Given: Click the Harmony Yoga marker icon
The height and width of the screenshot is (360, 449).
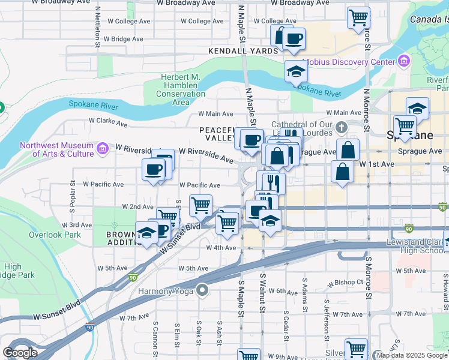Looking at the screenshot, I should [x=202, y=292].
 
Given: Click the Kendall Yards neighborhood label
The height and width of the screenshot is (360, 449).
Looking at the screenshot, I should [x=243, y=51].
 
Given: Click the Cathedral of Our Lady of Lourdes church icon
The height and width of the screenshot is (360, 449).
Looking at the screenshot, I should [x=342, y=127].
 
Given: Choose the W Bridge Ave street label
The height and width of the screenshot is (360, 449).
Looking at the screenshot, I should [x=123, y=39].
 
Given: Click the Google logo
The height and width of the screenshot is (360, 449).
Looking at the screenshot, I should [x=20, y=352].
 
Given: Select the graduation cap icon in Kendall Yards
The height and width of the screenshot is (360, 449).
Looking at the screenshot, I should [x=296, y=73].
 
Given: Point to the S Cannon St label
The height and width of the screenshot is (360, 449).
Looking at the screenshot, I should [x=155, y=339].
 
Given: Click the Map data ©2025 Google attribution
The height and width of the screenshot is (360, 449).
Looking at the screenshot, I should [x=411, y=355].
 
